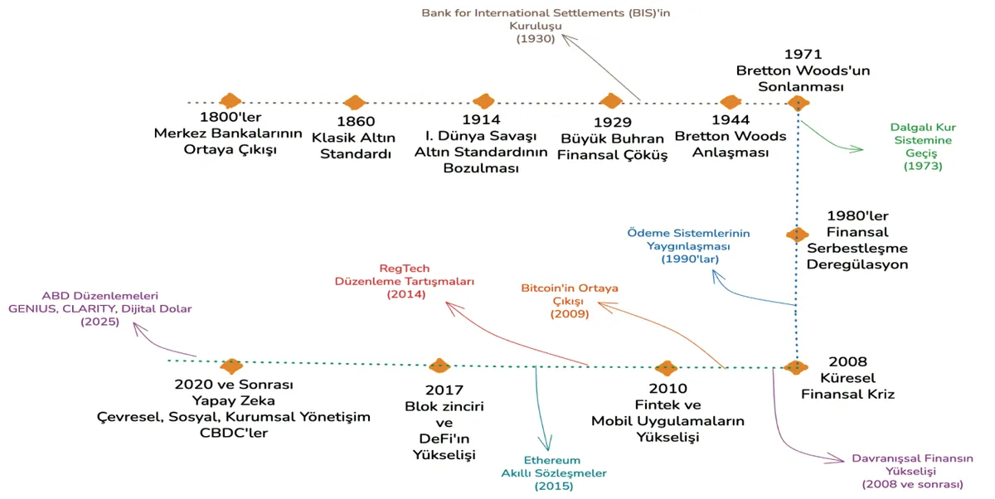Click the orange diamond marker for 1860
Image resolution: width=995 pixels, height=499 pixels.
point(355,102)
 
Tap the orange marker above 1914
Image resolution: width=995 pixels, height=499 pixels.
point(483,101)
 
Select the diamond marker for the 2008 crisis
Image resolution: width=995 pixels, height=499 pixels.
point(795,367)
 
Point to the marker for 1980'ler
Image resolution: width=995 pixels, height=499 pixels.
point(798,234)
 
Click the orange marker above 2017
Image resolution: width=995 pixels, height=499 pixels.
point(439,366)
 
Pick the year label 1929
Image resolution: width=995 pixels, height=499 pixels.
point(613,122)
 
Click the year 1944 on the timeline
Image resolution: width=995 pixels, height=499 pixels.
point(730,120)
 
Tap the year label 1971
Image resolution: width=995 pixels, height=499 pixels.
point(803,54)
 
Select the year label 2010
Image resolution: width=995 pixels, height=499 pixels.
point(668,389)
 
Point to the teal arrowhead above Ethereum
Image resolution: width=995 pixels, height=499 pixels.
point(546,443)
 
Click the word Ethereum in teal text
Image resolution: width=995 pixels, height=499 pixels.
point(552,460)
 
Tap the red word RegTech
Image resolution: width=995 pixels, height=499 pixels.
point(405,269)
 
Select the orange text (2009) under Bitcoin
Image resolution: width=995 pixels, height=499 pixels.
point(570,314)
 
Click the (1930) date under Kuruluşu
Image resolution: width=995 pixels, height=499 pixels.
point(536,39)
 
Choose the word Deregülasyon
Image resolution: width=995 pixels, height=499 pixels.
point(857,264)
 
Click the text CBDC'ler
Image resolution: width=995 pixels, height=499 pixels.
point(234,433)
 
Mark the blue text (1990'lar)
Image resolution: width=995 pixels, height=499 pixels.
point(690,259)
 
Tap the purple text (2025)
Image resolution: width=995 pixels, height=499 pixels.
point(100,322)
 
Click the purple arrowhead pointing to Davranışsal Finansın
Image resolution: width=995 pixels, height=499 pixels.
point(836,459)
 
